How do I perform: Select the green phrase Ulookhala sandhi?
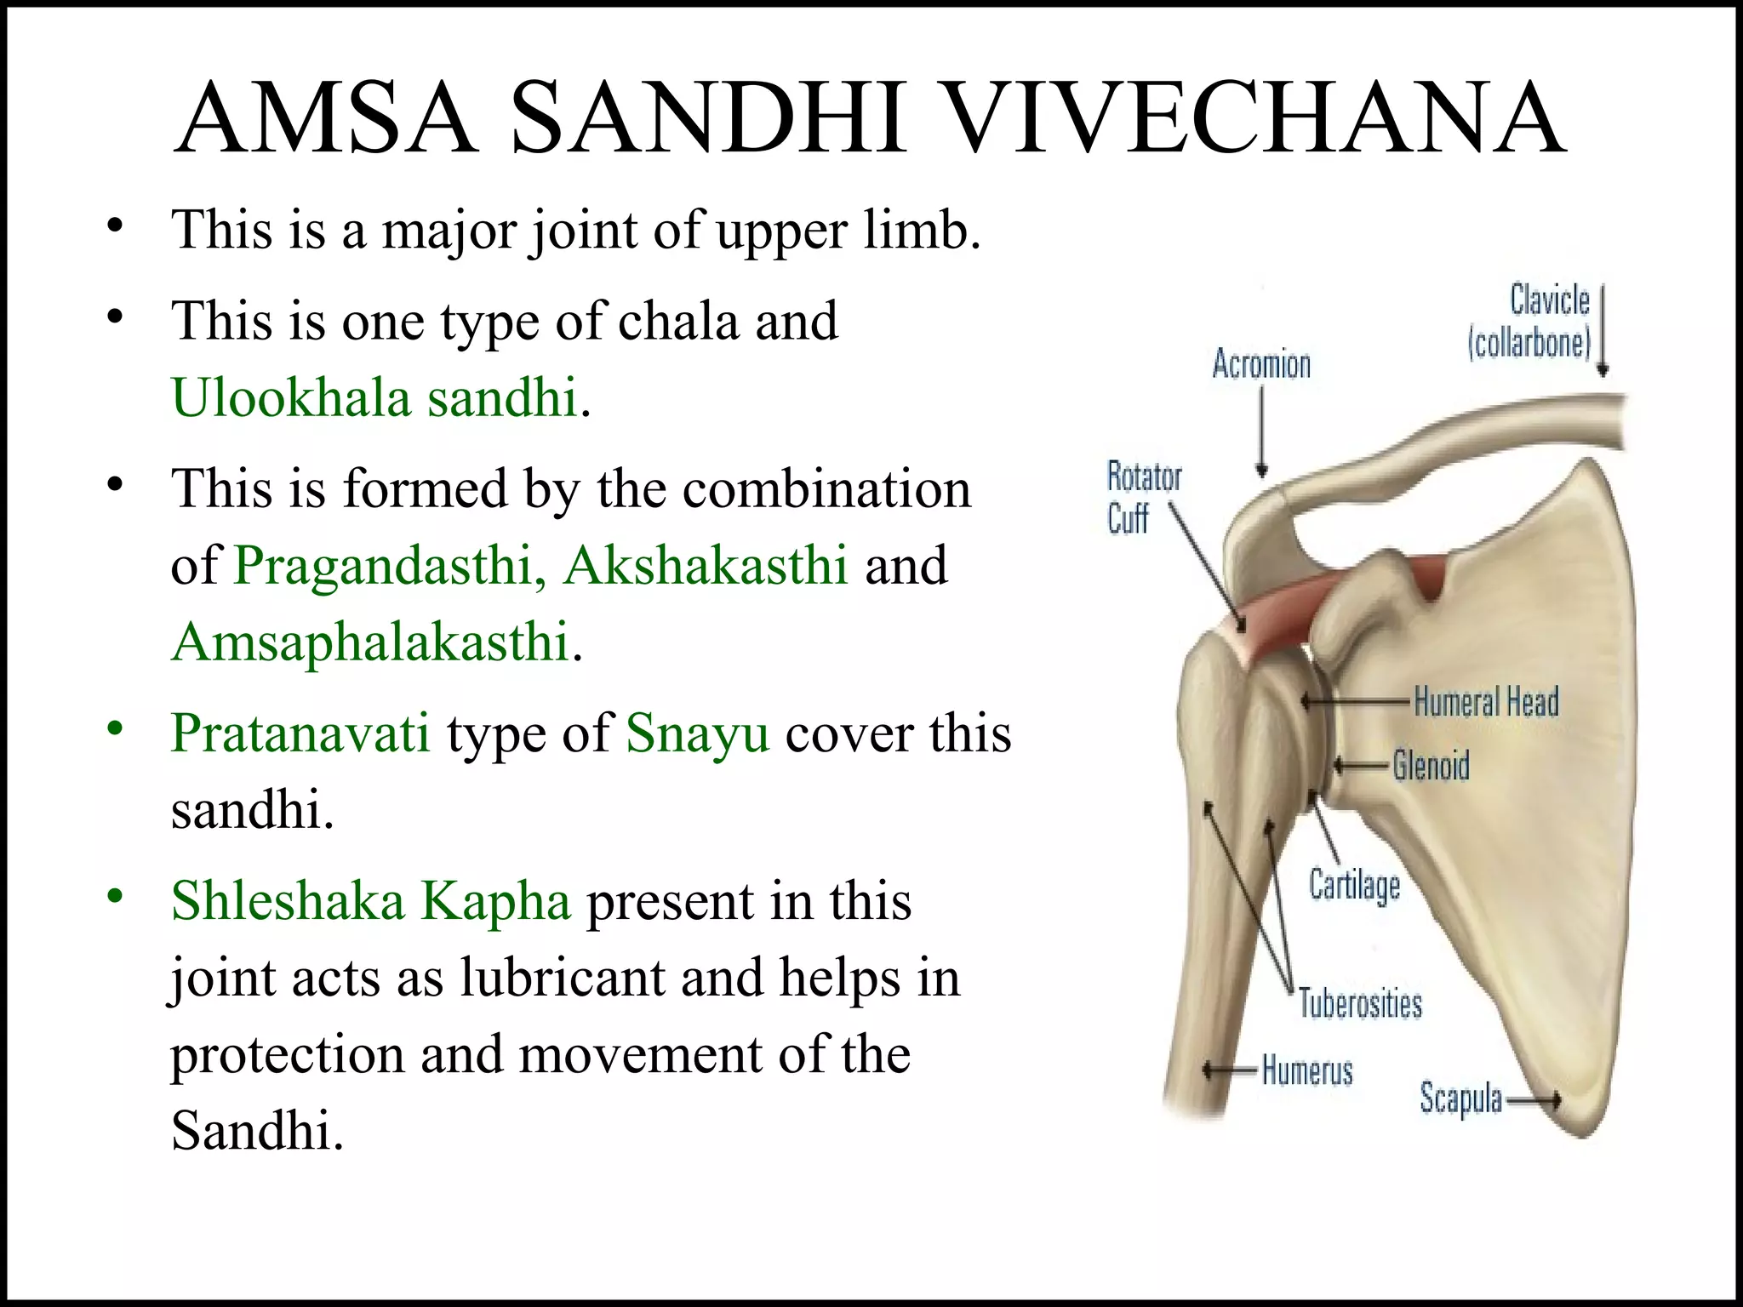pos(374,397)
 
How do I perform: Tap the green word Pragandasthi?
pos(383,565)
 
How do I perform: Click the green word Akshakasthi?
pos(706,565)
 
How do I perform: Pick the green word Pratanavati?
pos(300,733)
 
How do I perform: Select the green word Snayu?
pos(698,733)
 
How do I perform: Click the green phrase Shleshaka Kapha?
pos(370,901)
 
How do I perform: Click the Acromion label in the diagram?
pos(1261,364)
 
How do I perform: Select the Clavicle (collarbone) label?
pos(1530,322)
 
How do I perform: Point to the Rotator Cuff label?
pos(1142,497)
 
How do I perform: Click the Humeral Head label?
pos(1486,703)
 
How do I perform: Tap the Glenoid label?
pos(1432,766)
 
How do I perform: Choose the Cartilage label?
pos(1354,885)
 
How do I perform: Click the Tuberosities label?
pos(1360,1004)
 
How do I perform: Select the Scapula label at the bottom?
pos(1460,1099)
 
